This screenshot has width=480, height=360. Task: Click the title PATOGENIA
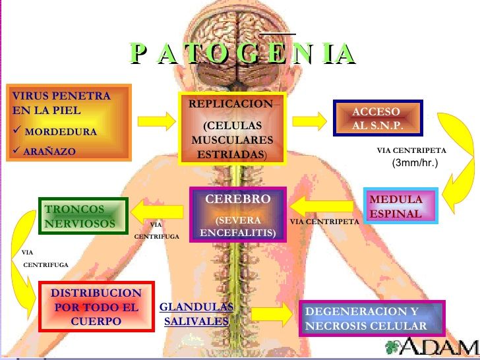243,53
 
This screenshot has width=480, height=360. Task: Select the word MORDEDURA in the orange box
61,132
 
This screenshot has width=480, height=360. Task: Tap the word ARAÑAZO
49,151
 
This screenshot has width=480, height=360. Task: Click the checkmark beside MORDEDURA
17,130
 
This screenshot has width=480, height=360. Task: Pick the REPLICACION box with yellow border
232,129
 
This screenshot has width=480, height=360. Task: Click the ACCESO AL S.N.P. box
378,118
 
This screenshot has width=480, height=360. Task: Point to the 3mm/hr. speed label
415,163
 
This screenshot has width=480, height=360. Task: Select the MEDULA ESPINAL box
401,206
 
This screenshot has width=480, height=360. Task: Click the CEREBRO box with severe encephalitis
238,214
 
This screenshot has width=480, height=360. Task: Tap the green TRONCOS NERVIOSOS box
83,216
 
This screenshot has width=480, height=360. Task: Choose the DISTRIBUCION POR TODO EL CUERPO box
96,307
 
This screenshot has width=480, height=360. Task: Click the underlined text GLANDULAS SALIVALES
196,314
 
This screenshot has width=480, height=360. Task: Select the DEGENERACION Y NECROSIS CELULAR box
372,318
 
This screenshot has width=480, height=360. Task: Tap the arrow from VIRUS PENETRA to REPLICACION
156,121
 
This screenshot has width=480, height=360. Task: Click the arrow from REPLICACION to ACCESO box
309,121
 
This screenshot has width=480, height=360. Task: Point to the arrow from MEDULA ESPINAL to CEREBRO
322,206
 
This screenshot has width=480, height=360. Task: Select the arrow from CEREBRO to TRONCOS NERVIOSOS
157,212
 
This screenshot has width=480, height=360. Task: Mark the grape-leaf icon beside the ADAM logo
392,347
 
